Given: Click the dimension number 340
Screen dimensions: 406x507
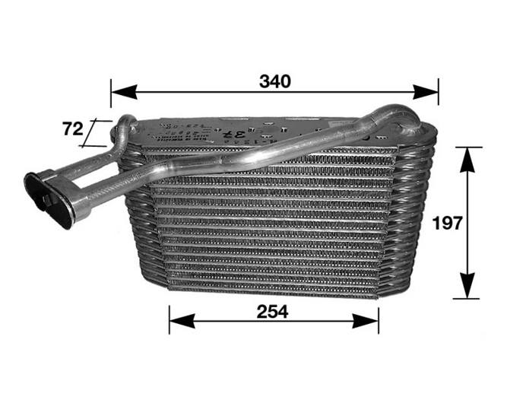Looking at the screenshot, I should (x=274, y=81).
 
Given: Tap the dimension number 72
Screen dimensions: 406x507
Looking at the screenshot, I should (x=72, y=129).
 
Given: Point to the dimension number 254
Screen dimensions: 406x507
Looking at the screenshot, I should (x=273, y=311).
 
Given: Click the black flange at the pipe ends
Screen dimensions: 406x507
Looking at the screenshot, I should (x=48, y=199).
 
